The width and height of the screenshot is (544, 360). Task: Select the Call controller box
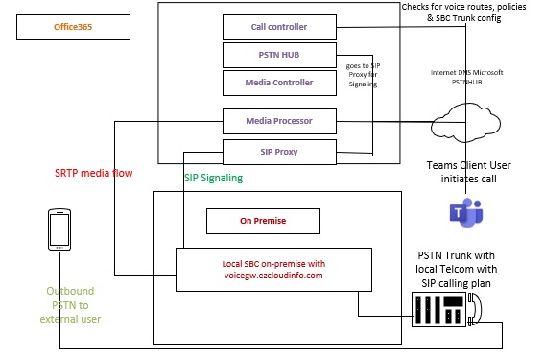coord(279,28)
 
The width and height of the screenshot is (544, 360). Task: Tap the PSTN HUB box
coord(279,55)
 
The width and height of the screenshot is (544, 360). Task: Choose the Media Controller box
coord(279,83)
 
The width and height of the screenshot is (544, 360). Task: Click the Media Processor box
coord(279,122)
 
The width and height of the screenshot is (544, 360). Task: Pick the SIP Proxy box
coord(279,151)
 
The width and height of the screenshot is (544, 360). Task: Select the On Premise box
coord(263,221)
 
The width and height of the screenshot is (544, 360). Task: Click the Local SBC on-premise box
coord(272,268)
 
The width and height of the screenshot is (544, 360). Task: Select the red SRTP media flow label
coord(93,173)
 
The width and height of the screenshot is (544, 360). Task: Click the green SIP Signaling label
coord(213,178)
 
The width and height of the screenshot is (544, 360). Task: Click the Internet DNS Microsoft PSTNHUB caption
coord(466,78)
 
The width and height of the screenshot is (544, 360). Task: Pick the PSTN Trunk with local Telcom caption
coord(464,269)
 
